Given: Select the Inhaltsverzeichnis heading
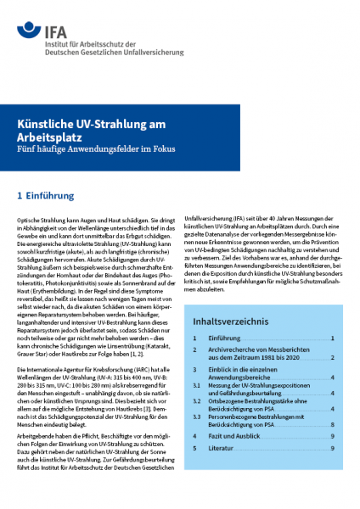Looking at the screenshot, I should (x=231, y=322).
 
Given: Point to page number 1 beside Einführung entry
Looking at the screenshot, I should (x=332, y=338).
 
